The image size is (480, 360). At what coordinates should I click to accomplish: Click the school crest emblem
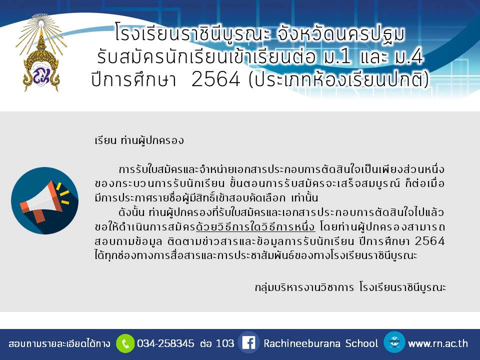pyautogui.click(x=41, y=52)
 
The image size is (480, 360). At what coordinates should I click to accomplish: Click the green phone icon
pyautogui.click(x=125, y=343)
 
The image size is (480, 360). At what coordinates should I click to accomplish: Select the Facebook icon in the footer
pyautogui.click(x=248, y=343)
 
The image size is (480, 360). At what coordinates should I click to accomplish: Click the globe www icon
pyautogui.click(x=394, y=342)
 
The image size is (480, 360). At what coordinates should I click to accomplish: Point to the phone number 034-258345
pyautogui.click(x=165, y=343)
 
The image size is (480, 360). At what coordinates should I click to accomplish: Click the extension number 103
pyautogui.click(x=225, y=343)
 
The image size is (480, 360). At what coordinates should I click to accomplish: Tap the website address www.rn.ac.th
pyautogui.click(x=438, y=343)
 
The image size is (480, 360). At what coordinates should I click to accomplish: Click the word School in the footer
pyautogui.click(x=361, y=343)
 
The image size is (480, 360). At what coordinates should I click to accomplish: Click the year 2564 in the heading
pyautogui.click(x=216, y=79)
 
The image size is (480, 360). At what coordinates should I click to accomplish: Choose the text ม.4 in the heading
pyautogui.click(x=409, y=56)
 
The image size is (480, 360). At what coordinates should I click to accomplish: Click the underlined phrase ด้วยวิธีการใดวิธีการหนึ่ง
pyautogui.click(x=255, y=227)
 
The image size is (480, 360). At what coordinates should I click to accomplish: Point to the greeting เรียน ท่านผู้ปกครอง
pyautogui.click(x=139, y=140)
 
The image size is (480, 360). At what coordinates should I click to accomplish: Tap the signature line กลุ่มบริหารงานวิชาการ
pyautogui.click(x=304, y=287)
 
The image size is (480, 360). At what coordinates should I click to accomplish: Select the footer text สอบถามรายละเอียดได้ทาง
pyautogui.click(x=59, y=343)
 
